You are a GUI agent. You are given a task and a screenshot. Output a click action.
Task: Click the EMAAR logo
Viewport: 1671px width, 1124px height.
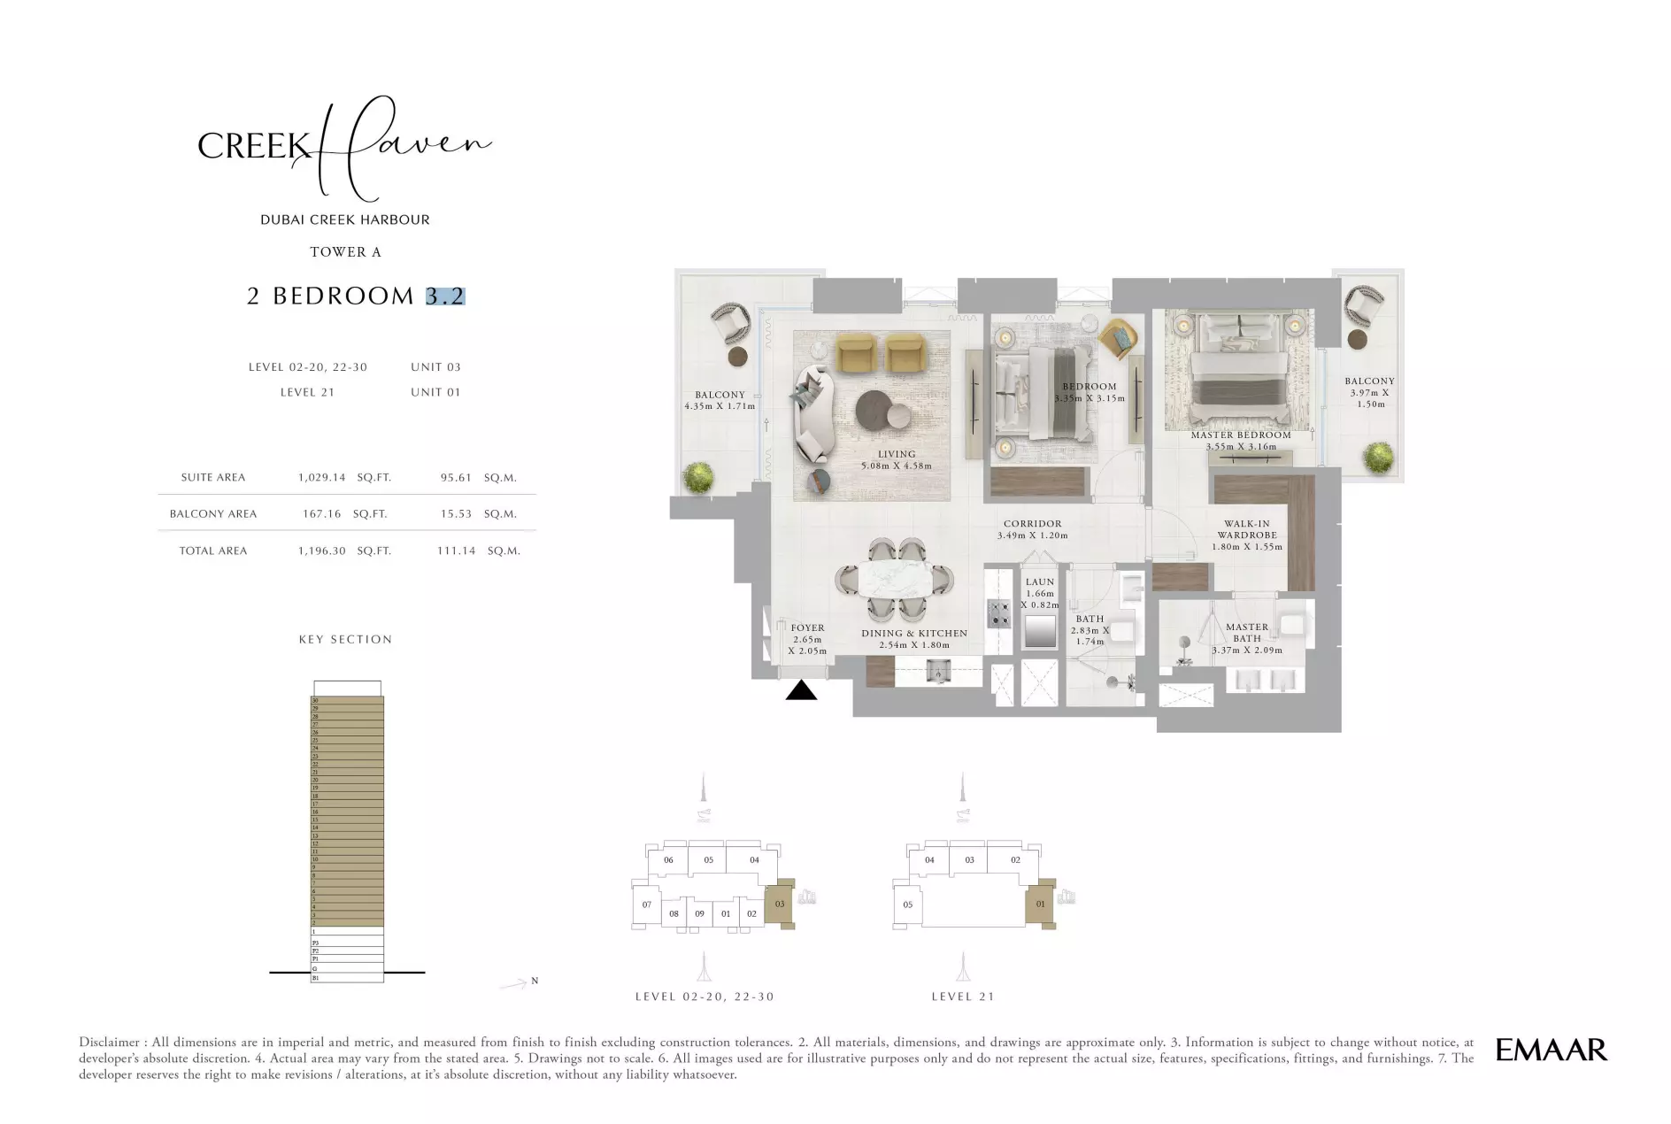pos(1551,1050)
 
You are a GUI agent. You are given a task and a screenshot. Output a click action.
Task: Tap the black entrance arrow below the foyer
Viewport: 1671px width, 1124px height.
pos(801,690)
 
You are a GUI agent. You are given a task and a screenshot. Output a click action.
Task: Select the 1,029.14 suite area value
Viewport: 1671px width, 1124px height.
pos(321,477)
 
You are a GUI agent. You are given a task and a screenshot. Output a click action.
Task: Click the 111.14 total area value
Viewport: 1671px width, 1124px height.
pos(456,550)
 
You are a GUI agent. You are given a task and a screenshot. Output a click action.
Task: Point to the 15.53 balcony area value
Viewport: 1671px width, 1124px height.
pos(456,513)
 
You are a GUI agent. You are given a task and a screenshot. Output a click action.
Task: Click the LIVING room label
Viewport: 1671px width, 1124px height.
pos(896,454)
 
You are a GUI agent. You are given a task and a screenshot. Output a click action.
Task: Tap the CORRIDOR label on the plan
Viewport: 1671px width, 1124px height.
pos(1032,524)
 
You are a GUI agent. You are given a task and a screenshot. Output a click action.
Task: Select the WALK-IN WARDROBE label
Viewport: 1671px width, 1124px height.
pos(1246,529)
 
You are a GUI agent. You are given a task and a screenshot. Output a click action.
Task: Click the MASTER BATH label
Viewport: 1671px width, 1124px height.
pos(1246,632)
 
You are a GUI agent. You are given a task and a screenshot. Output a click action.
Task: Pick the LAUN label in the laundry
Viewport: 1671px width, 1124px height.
pos(1040,582)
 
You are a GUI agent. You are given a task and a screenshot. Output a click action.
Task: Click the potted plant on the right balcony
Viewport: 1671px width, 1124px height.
pos(1377,458)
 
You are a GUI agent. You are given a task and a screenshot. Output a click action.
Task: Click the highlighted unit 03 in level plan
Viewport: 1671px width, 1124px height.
pos(779,905)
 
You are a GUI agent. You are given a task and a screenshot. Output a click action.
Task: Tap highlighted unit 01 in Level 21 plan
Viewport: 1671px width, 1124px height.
pos(1040,905)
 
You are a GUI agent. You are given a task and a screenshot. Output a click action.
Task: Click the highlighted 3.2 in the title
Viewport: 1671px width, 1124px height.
pos(444,296)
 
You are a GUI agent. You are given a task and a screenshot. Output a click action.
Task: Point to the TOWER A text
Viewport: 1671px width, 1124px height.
pos(345,252)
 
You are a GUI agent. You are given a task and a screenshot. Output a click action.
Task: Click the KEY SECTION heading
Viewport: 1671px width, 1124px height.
pos(345,639)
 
